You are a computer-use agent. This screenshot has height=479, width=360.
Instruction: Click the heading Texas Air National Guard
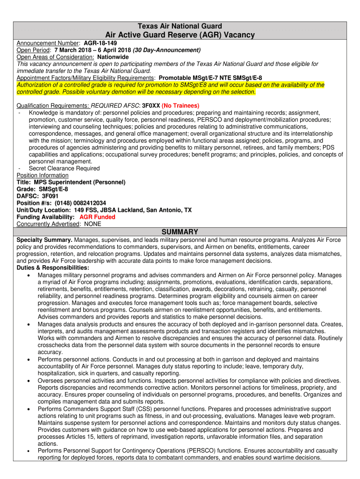[x=180, y=26]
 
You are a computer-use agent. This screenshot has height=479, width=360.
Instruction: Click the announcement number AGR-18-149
[x=100, y=43]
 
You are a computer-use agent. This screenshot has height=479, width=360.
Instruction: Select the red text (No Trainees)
[x=180, y=106]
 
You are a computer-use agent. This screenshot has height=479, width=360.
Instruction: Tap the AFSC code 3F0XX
[x=151, y=106]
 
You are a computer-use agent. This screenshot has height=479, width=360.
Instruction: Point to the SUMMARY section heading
[x=180, y=232]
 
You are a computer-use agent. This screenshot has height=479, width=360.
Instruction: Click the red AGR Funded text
[x=97, y=217]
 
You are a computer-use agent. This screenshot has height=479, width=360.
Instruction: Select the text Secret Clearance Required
[x=64, y=168]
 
